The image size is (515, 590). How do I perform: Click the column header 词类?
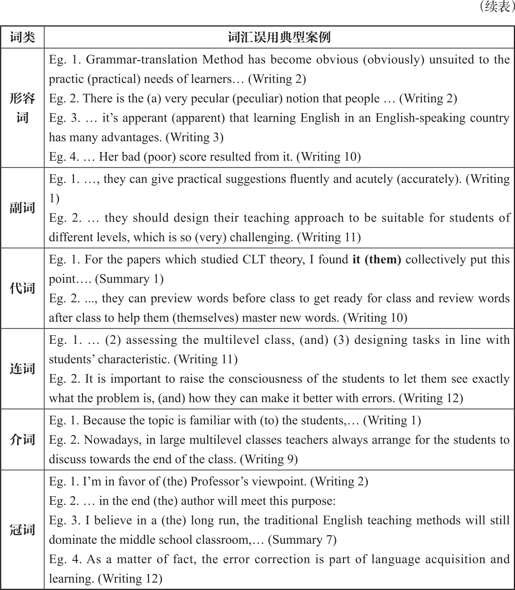tap(22, 37)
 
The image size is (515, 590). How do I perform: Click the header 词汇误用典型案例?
tap(279, 37)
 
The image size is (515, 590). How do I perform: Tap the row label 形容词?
tap(22, 108)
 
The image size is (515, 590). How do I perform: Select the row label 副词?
tap(22, 208)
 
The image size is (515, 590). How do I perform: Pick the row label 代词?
tap(22, 288)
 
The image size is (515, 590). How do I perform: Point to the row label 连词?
tap(22, 369)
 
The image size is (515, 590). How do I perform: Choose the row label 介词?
tap(22, 439)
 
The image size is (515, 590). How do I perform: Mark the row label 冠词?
tap(22, 530)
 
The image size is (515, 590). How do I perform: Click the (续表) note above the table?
tap(496, 7)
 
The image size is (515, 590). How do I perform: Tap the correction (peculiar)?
tap(257, 98)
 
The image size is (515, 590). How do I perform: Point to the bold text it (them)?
tap(377, 259)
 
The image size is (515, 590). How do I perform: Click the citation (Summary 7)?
tap(302, 540)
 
